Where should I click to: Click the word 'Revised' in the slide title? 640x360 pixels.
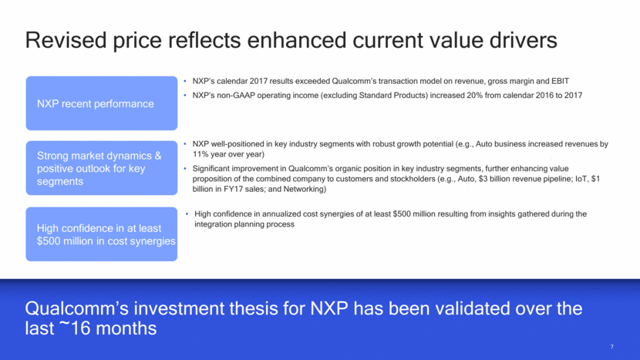(66, 40)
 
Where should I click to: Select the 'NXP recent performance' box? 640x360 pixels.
(102, 103)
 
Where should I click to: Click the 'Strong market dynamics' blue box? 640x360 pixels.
(102, 168)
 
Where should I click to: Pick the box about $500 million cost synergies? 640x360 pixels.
(102, 234)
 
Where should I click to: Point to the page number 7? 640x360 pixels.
(611, 347)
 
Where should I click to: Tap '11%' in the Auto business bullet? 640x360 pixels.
(200, 154)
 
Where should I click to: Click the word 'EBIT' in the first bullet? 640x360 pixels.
(560, 81)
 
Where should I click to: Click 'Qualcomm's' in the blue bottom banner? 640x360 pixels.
(77, 308)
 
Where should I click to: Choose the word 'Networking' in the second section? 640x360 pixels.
(303, 189)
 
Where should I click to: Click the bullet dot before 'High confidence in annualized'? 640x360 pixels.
(187, 214)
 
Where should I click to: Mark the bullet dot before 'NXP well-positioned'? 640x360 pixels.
(185, 144)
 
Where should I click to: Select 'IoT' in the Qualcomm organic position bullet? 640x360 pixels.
(581, 179)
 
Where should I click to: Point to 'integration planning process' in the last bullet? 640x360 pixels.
(244, 224)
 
